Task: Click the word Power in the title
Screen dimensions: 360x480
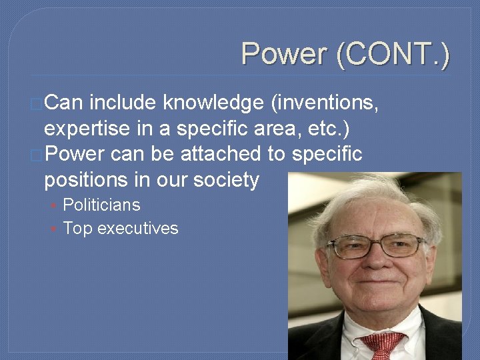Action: pos(285,53)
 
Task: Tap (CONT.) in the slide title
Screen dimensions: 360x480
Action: pos(393,54)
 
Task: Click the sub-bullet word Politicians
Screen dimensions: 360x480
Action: pos(101,205)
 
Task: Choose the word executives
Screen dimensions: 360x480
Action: pos(137,229)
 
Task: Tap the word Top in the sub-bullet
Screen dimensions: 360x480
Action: pos(77,229)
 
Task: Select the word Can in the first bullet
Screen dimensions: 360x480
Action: pos(64,103)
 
